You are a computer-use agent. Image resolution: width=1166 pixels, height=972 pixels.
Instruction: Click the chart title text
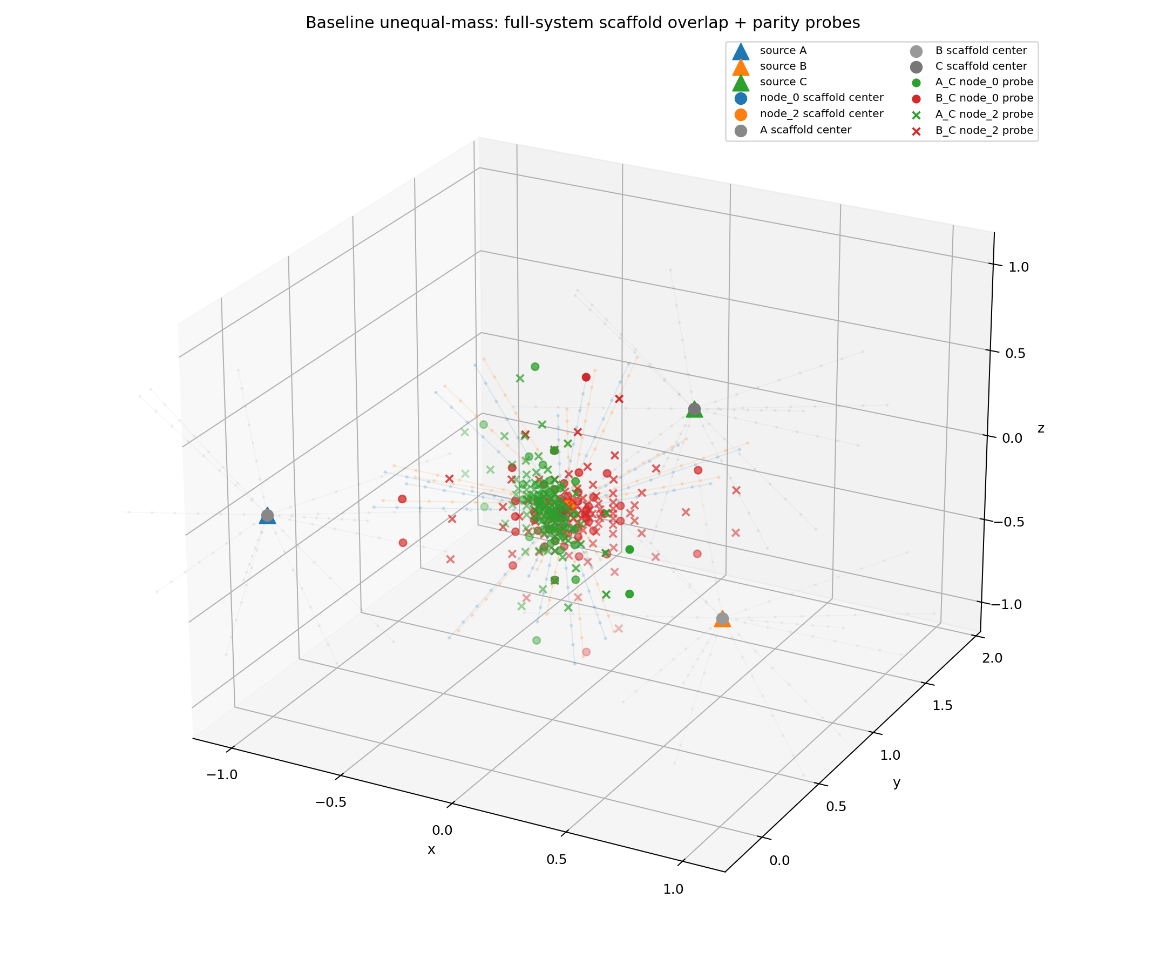pos(582,23)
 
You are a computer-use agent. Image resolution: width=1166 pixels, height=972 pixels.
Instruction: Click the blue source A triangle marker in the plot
pos(267,516)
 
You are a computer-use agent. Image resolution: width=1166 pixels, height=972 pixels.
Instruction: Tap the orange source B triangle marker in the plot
pos(722,620)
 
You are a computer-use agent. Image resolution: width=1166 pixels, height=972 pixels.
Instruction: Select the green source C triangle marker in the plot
pos(694,410)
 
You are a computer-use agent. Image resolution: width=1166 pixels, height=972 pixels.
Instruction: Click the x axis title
pos(431,850)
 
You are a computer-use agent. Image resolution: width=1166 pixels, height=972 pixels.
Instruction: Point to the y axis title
pos(896,782)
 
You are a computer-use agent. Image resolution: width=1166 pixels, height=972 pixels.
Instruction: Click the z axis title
pos(1041,428)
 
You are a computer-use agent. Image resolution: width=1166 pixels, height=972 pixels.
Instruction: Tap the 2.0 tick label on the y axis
pos(992,658)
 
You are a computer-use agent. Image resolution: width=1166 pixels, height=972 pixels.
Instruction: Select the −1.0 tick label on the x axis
pos(221,775)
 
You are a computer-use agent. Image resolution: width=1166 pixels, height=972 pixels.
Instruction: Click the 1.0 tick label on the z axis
pos(1018,267)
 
